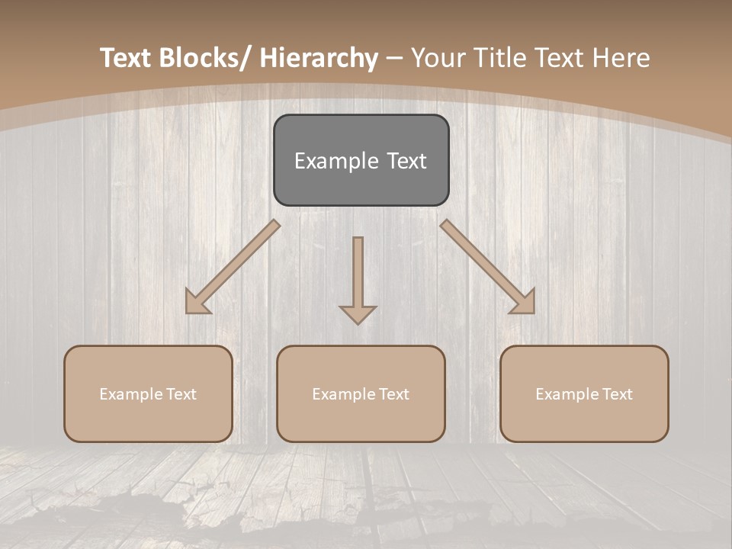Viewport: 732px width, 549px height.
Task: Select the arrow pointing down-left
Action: point(233,267)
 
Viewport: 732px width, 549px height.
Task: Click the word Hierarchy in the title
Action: point(319,58)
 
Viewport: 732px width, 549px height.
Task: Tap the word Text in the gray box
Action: point(406,161)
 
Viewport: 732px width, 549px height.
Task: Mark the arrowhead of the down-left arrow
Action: point(197,302)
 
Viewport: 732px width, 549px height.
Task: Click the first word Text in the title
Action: point(127,58)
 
